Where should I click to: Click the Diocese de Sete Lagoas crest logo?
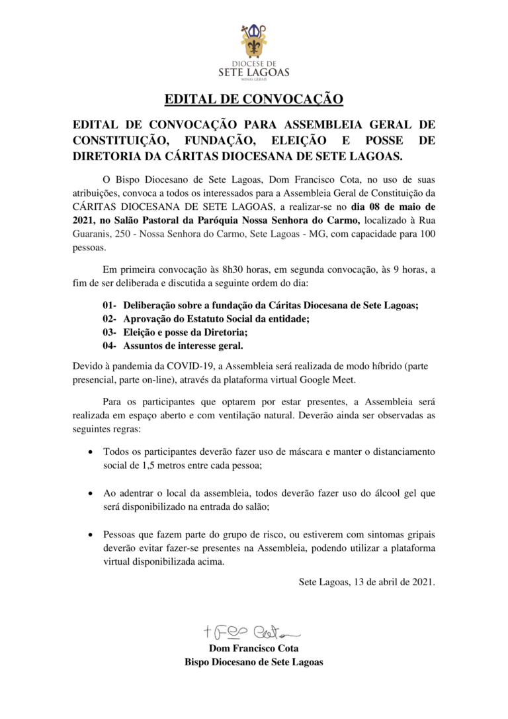point(253,44)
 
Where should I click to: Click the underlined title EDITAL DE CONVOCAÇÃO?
point(253,100)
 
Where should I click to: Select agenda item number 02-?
point(110,318)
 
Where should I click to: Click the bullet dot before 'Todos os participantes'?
point(90,452)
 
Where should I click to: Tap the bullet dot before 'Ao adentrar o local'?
point(90,494)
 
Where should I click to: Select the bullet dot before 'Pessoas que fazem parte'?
point(90,535)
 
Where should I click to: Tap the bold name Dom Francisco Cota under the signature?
point(254,648)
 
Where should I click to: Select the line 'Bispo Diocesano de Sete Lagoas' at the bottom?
point(254,662)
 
